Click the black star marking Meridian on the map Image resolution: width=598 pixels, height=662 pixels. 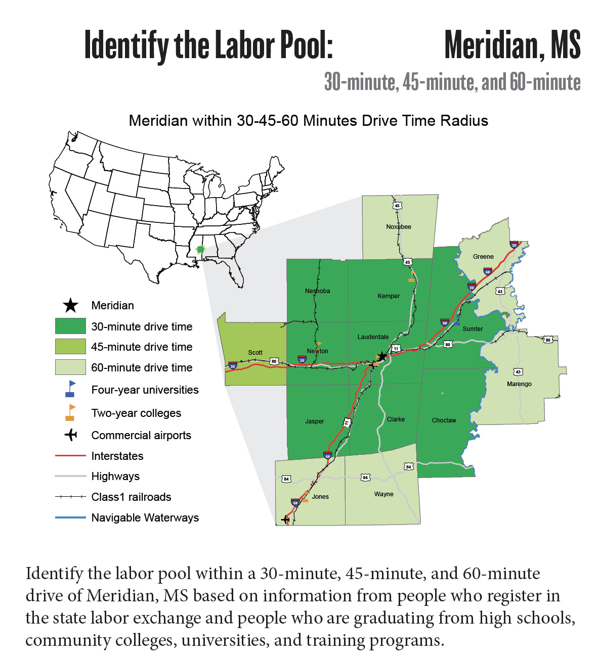[382, 356]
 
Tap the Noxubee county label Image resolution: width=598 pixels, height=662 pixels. [399, 227]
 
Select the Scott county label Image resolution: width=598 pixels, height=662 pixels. [255, 353]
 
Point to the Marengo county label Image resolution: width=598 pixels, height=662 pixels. [519, 384]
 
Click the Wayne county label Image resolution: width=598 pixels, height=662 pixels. [383, 494]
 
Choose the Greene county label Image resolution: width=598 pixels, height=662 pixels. [483, 257]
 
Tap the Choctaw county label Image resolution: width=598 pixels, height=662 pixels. [444, 420]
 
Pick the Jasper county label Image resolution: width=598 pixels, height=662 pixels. [314, 421]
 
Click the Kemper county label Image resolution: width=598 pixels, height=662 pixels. [389, 296]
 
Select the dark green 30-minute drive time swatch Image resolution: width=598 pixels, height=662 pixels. [70, 326]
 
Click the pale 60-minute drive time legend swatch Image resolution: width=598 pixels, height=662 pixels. [70, 367]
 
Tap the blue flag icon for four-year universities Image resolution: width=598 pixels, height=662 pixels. [71, 389]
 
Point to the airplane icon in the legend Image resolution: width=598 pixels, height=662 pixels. [71, 435]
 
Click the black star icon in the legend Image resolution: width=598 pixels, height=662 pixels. [71, 305]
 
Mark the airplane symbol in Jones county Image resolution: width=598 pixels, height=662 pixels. [285, 519]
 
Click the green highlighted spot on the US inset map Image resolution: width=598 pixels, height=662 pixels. [200, 249]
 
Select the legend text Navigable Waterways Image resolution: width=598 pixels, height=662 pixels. [145, 518]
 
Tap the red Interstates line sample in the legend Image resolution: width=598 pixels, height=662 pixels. [70, 456]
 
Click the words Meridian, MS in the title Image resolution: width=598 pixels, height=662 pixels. [512, 45]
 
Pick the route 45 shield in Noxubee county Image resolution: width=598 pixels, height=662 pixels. [397, 206]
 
